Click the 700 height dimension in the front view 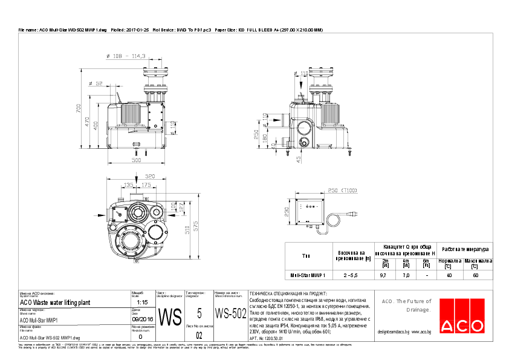[x=79, y=108]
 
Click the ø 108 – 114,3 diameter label [x=126, y=56]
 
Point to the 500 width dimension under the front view [x=136, y=161]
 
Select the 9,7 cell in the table [x=383, y=275]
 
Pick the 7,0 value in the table [x=406, y=275]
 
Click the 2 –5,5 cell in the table [x=350, y=275]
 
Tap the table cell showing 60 [x=475, y=275]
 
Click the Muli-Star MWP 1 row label [x=308, y=275]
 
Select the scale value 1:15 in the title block [x=142, y=301]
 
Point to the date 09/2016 [x=142, y=319]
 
